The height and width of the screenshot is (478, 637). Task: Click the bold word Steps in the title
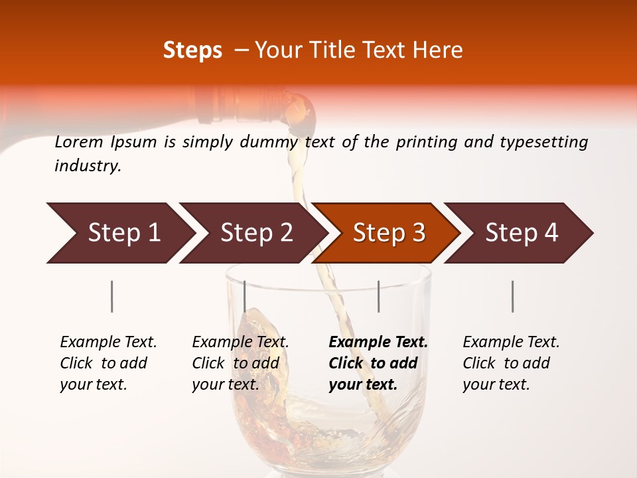[192, 50]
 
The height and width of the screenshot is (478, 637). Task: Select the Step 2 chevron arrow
[252, 233]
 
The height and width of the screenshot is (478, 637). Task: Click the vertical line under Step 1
[111, 296]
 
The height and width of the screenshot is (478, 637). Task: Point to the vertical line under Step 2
[245, 296]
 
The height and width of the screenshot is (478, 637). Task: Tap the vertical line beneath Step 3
[378, 296]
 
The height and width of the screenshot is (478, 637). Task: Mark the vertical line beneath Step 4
[512, 296]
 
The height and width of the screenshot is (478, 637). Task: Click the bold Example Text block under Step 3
[378, 363]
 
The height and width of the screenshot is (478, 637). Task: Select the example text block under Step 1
[108, 363]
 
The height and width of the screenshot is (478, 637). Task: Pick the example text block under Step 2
[240, 363]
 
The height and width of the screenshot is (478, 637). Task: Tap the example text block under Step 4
[511, 363]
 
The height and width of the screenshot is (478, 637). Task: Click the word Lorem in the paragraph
[79, 142]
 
